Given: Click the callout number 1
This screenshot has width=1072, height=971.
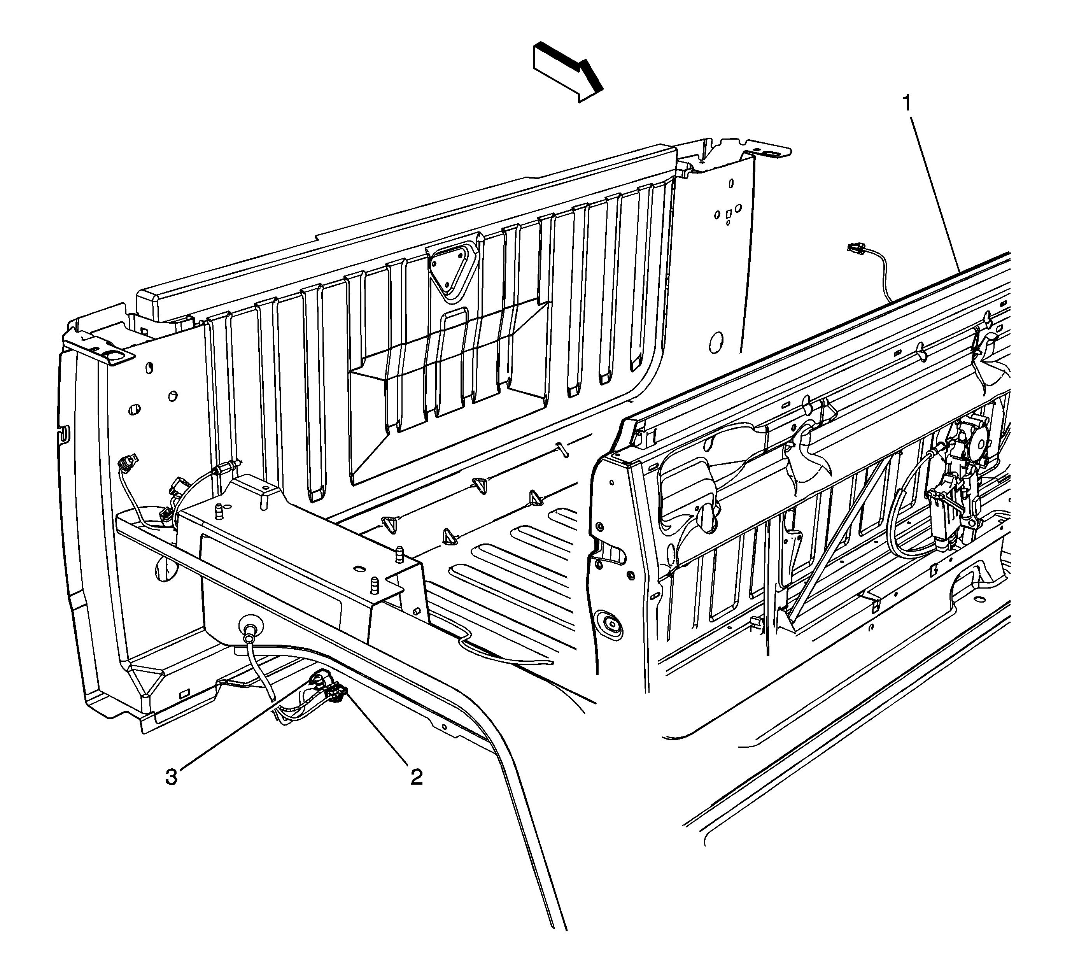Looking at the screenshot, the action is click(x=908, y=103).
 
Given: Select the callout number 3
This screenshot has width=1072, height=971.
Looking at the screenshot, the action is click(x=171, y=777).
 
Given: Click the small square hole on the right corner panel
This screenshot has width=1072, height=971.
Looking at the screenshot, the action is click(x=729, y=214).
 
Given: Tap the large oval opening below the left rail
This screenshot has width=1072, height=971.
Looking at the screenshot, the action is click(x=165, y=568).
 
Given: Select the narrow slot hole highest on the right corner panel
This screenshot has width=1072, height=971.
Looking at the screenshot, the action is click(x=731, y=184).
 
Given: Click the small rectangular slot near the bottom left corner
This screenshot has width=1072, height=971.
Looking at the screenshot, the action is click(x=184, y=693).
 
